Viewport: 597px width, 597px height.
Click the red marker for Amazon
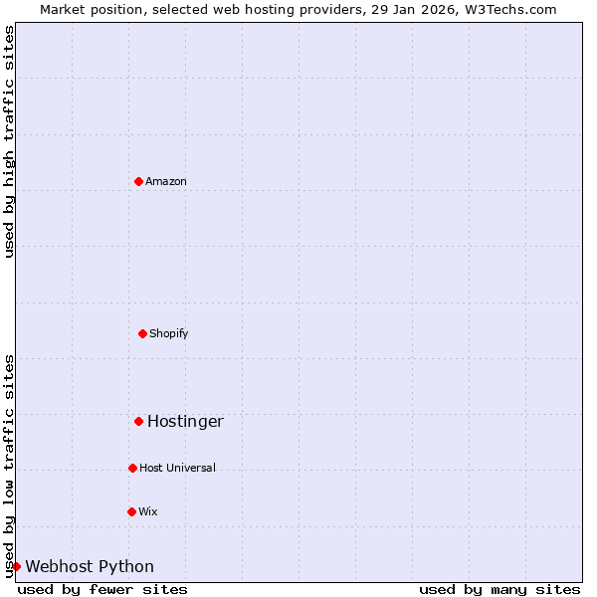click(x=138, y=181)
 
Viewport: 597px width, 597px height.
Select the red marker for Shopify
click(x=142, y=333)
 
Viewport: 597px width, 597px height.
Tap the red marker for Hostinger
click(x=138, y=421)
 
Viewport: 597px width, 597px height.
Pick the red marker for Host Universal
click(x=132, y=468)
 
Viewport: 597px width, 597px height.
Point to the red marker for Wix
click(x=131, y=511)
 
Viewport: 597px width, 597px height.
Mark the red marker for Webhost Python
click(x=16, y=566)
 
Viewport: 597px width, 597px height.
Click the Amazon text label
click(x=166, y=181)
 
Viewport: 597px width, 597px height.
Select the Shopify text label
click(x=169, y=333)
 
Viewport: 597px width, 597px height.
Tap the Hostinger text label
click(x=185, y=421)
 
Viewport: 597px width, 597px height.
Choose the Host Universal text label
click(x=177, y=468)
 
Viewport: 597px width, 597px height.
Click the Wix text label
click(x=148, y=511)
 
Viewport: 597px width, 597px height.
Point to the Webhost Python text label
click(x=90, y=566)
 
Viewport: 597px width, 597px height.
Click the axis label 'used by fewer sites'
click(x=102, y=589)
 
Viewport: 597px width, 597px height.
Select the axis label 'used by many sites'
click(x=499, y=589)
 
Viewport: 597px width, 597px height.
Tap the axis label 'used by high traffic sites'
click(x=9, y=142)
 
